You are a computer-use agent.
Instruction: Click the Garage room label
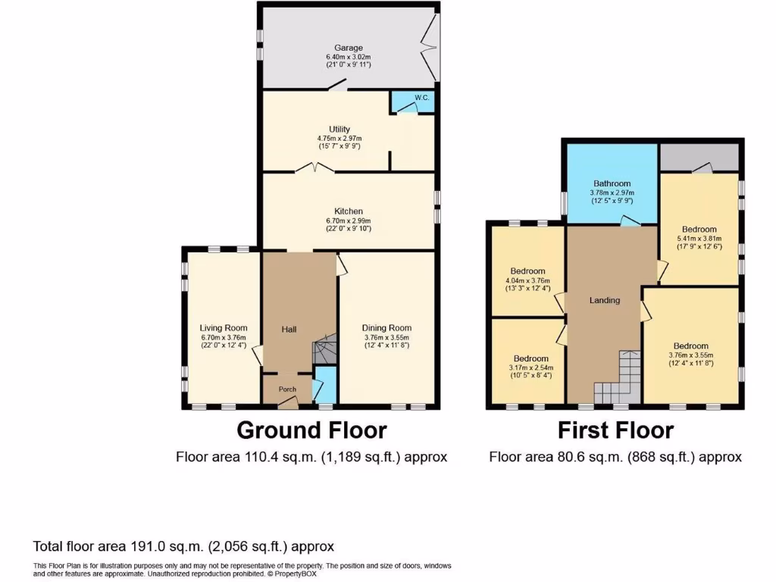coord(349,47)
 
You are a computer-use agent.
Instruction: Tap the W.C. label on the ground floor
coord(423,97)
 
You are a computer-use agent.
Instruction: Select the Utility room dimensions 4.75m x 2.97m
coord(339,138)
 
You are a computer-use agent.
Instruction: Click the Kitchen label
coord(349,211)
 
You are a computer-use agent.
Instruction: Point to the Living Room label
coord(224,328)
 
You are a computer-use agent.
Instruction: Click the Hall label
coord(289,330)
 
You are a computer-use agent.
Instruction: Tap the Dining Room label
coord(386,328)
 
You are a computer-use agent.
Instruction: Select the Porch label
coord(287,390)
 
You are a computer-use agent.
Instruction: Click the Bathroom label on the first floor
coord(612,183)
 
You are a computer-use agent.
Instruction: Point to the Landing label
coord(605,300)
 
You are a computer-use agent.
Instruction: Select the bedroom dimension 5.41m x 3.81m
coord(699,238)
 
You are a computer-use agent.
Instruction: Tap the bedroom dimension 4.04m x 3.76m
coord(527,280)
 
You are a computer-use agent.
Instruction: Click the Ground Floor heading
coord(311,430)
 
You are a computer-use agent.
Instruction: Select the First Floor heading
coord(615,430)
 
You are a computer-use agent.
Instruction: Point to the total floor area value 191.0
coord(139,546)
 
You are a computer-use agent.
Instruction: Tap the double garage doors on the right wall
coord(430,47)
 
